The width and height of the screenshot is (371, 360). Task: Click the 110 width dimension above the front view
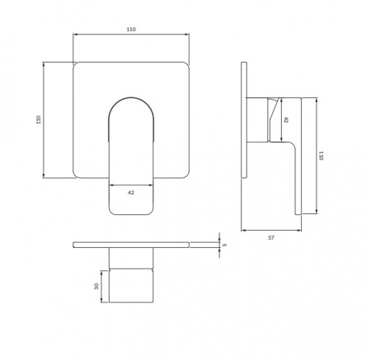(x=131, y=30)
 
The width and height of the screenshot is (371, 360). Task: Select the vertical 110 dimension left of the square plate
(x=39, y=119)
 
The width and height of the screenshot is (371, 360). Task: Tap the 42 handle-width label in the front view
(x=131, y=193)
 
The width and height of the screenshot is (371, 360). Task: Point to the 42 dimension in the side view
(x=286, y=119)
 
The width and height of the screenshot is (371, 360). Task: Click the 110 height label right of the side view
(x=321, y=156)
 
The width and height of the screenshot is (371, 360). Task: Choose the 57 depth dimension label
(x=271, y=238)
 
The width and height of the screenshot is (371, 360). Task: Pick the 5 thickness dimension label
(x=224, y=245)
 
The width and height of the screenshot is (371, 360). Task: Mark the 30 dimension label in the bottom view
(x=96, y=287)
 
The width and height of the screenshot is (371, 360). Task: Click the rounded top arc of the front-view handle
(x=131, y=98)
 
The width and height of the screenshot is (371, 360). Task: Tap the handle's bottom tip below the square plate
(x=131, y=213)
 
